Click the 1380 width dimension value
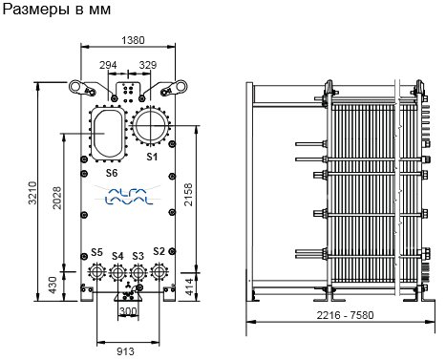coord(133,40)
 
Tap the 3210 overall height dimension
coord(32,193)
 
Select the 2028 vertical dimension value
coord(56,198)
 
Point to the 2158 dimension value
coord(188,194)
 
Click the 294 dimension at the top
coord(108,65)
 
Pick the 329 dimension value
coord(148,65)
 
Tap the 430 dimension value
coord(53,286)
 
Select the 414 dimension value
coord(189,286)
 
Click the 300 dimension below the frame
coord(128,311)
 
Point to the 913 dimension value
coord(125,351)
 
